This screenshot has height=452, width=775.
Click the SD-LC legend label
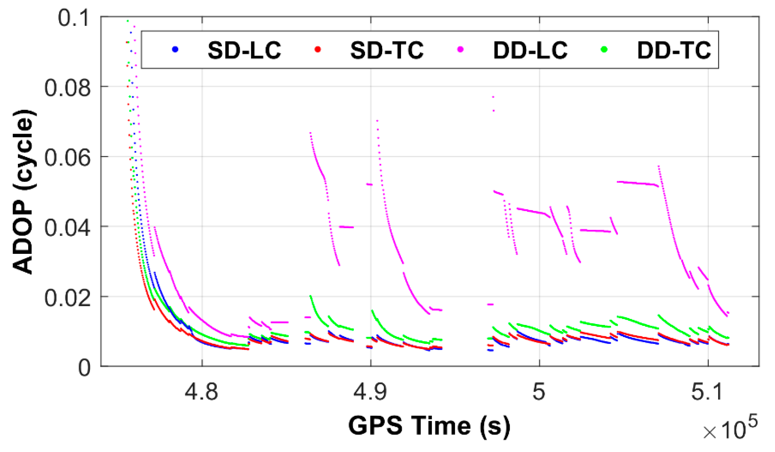click(244, 50)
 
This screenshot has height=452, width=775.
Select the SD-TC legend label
click(387, 50)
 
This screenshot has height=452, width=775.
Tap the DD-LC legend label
click(530, 50)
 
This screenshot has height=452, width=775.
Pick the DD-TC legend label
click(674, 50)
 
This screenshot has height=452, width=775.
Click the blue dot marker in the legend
click(175, 49)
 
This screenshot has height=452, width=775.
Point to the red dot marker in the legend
click(318, 49)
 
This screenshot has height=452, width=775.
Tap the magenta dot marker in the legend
click(460, 49)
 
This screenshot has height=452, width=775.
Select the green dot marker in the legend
click(604, 49)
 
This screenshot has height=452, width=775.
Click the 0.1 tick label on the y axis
click(74, 18)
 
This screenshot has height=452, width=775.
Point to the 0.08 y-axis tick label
click(67, 88)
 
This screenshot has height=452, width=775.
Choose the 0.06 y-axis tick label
click(67, 158)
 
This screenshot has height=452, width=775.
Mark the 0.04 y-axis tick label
click(67, 228)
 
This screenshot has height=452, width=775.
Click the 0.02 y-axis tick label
click(67, 298)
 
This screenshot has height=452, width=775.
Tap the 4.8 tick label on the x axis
click(201, 392)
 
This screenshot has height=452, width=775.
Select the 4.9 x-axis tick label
click(370, 392)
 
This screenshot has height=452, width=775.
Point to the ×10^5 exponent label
click(730, 428)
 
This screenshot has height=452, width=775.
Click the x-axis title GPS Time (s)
click(429, 426)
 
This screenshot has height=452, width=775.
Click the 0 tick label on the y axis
click(84, 367)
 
